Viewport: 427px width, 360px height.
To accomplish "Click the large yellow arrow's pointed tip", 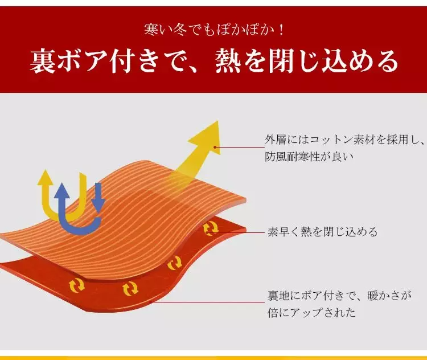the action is [217, 121].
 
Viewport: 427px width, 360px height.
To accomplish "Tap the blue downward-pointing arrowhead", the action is [98, 205].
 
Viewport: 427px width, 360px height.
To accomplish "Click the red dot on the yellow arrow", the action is [215, 147].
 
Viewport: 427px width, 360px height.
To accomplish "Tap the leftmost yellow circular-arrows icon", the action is [77, 285].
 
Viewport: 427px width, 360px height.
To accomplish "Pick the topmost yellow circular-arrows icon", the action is [211, 228].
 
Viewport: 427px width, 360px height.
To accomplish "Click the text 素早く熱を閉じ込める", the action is [322, 232].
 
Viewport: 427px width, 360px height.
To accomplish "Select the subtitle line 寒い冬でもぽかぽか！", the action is [214, 30].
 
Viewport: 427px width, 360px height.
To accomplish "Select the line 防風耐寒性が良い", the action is [309, 157].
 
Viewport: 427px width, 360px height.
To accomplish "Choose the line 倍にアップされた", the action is [311, 312].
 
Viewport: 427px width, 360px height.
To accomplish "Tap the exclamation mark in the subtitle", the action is [281, 30].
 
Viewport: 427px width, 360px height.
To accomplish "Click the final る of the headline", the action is [385, 61].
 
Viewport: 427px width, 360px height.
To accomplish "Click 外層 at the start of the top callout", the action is [276, 140].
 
